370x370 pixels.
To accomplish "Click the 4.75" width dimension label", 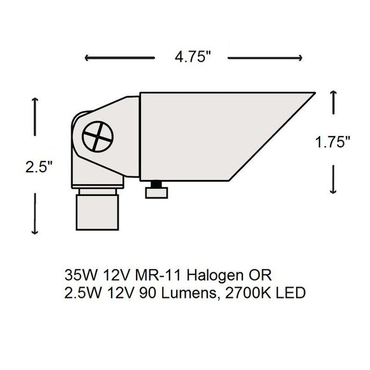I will pos(192,57).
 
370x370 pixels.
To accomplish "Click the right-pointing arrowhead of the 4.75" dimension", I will pos(299,57).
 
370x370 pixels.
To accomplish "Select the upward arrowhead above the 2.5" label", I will pos(34,101).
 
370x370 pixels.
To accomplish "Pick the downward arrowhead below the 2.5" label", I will pos(34,232).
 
